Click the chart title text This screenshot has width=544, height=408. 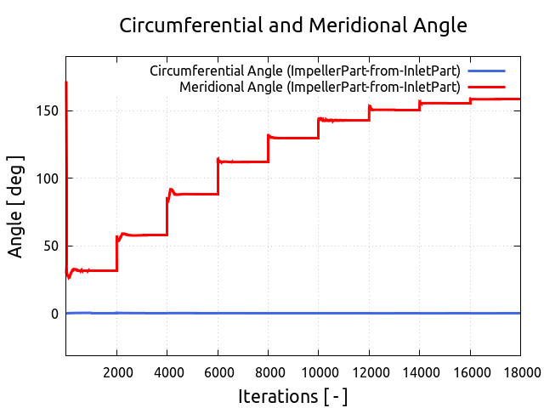[x=293, y=25]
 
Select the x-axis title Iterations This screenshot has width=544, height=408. [x=292, y=396]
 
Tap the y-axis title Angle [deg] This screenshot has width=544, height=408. [x=16, y=207]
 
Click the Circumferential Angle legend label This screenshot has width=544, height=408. [x=305, y=71]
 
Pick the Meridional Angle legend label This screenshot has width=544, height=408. [x=320, y=87]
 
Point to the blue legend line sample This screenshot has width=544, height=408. [x=487, y=71]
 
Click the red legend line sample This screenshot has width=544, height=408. [x=487, y=87]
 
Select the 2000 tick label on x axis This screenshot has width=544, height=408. [x=117, y=371]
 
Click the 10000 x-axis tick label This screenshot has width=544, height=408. [x=319, y=371]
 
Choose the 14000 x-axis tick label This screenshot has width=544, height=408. [x=420, y=371]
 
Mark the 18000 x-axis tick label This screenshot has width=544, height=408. [x=520, y=371]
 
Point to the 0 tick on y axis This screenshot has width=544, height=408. [x=55, y=314]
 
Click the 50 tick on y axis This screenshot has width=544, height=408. [x=51, y=246]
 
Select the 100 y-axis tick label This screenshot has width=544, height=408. [x=48, y=178]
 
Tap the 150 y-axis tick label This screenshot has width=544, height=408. [x=48, y=110]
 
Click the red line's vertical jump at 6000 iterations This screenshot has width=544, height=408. [x=218, y=177]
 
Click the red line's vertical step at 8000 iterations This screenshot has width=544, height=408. [x=269, y=149]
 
